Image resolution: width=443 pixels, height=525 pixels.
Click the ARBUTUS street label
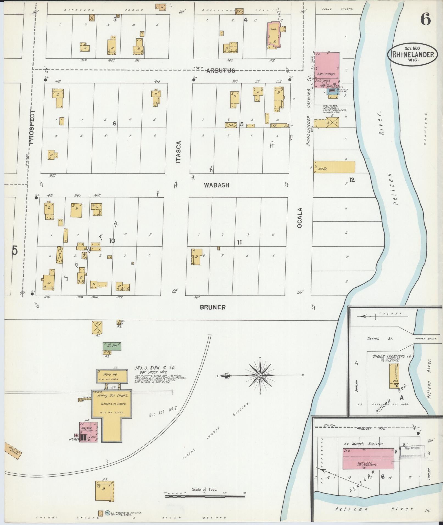click(221, 71)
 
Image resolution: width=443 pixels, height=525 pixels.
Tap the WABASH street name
click(216, 185)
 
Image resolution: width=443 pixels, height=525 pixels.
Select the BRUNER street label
click(213, 307)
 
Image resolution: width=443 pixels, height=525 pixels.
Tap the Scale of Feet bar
click(205, 496)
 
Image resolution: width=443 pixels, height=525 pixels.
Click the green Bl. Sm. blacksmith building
click(112, 346)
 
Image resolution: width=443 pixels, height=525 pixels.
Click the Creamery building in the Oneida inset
click(394, 376)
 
